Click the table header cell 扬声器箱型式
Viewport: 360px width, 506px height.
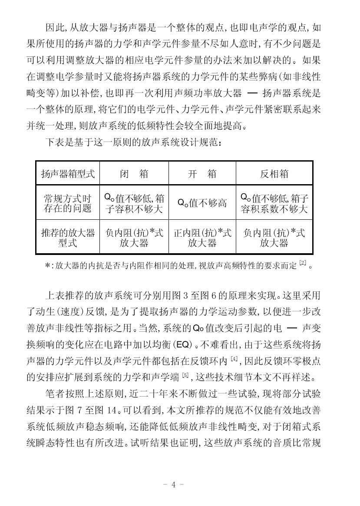click(68, 174)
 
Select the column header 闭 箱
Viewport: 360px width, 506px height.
click(134, 174)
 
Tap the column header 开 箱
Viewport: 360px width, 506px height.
click(202, 174)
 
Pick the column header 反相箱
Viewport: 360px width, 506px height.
click(274, 174)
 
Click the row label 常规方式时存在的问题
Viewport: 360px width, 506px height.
click(68, 203)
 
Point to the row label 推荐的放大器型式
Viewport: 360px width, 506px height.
click(68, 238)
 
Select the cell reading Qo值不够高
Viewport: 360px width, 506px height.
click(202, 203)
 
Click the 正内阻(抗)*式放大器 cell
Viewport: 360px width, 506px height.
click(202, 238)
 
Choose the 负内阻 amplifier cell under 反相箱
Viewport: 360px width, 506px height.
click(274, 238)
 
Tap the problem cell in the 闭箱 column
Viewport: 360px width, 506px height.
click(134, 203)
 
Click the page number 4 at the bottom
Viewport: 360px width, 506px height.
click(174, 485)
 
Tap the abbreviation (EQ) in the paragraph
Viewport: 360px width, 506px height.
click(185, 345)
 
